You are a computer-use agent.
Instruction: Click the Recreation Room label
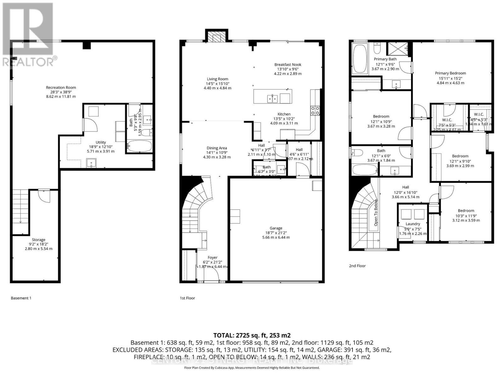coord(61,88)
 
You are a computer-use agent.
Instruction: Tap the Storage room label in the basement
coord(38,240)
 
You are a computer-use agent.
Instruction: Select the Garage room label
coord(276,228)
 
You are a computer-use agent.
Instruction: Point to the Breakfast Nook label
coord(288,65)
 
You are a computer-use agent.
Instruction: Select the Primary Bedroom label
coord(450,73)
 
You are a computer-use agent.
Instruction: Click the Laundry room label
coord(413,224)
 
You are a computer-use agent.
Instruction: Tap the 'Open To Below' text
coord(376,213)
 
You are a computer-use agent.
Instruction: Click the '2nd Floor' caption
coord(357,266)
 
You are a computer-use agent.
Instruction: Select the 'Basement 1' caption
coord(21,298)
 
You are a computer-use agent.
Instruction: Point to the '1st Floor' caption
coord(187,298)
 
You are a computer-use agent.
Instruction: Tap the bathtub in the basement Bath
coord(140,146)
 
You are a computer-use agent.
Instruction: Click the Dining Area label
coord(217,148)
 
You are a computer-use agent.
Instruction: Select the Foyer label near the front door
coord(212,258)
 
